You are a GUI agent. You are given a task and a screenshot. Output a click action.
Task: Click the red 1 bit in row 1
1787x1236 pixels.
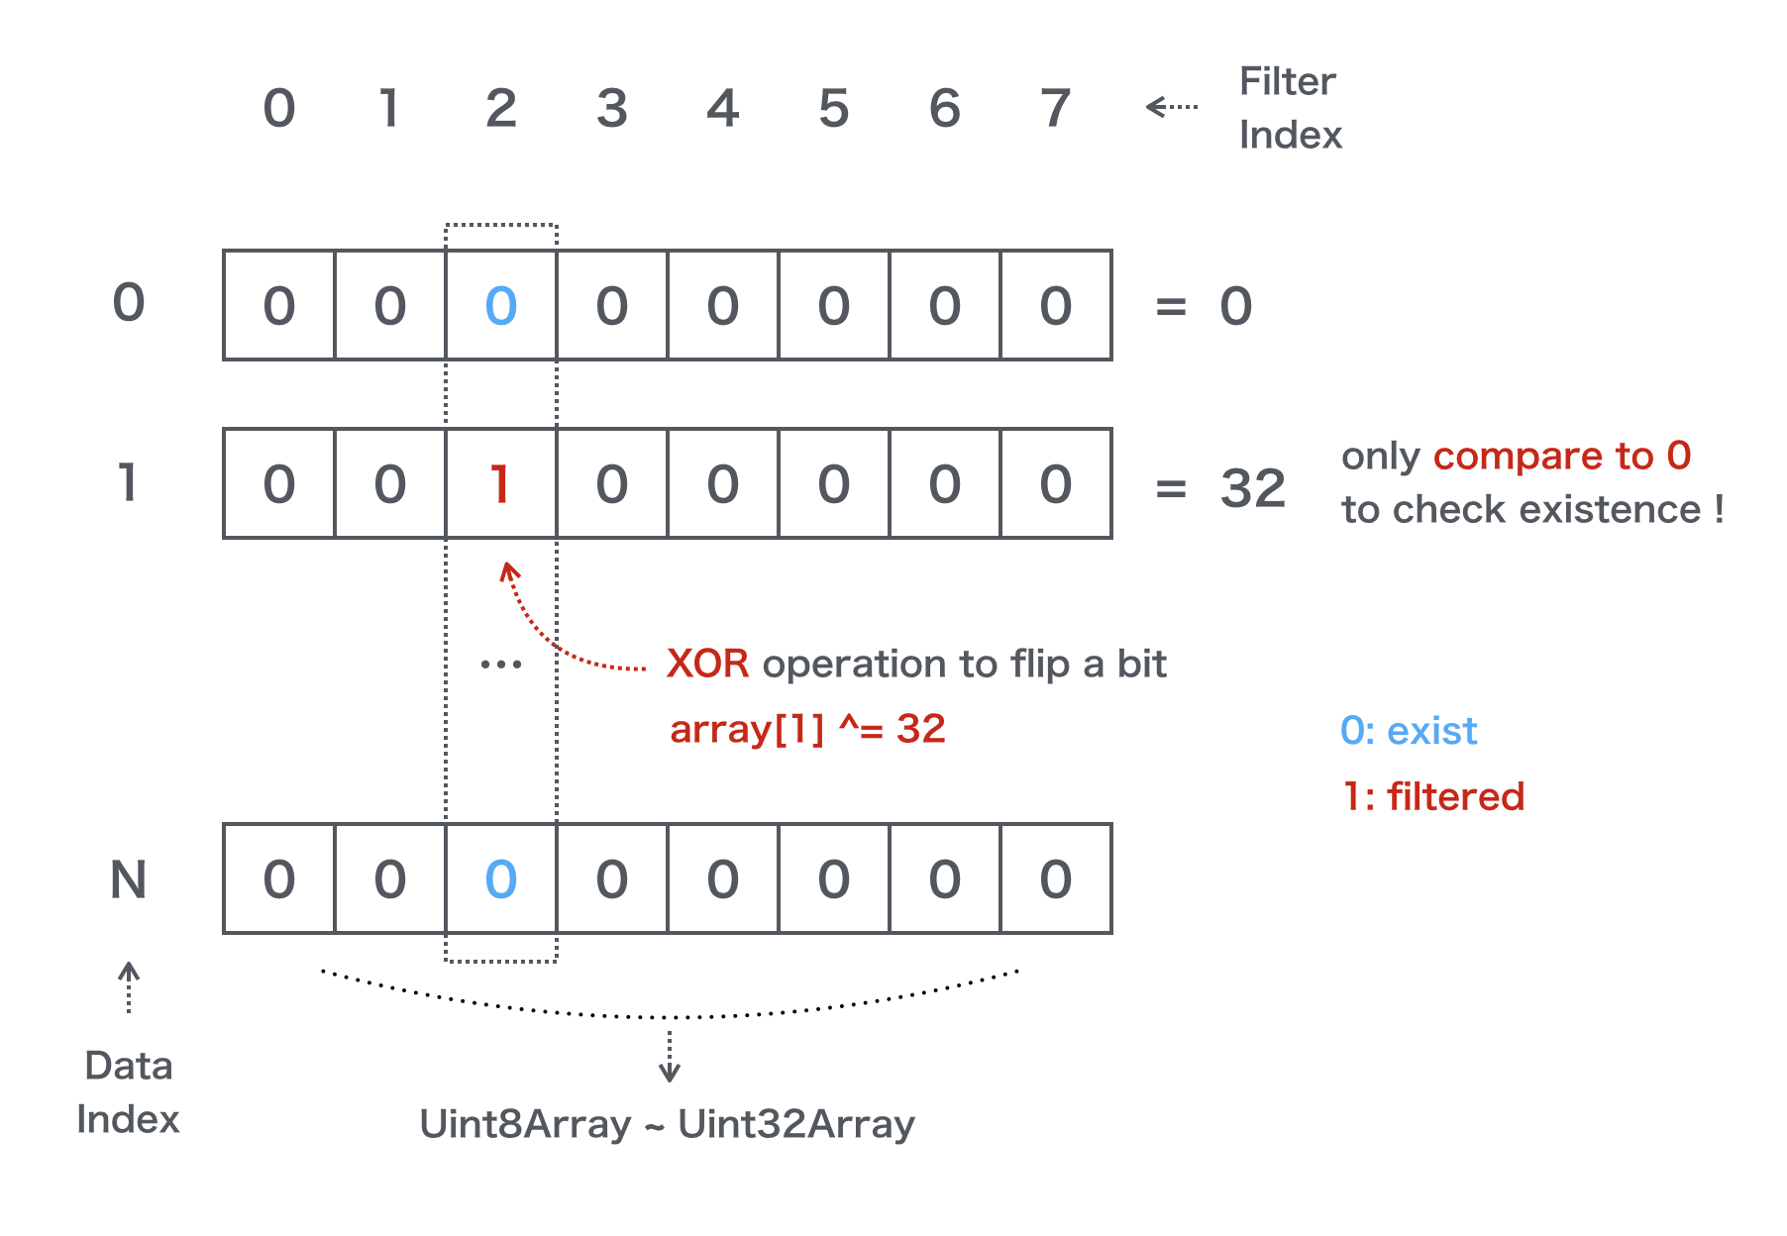[x=500, y=484]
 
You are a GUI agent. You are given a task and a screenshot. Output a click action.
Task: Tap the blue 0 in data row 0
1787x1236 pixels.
[x=500, y=306]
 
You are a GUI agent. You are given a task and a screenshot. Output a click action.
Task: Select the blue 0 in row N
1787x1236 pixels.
[x=500, y=879]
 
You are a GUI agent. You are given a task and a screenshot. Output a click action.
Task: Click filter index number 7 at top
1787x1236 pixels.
[x=1055, y=108]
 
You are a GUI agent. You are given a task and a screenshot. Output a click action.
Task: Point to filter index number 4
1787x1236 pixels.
[x=722, y=108]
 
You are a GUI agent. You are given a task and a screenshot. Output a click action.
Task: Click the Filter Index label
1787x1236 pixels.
[x=1289, y=108]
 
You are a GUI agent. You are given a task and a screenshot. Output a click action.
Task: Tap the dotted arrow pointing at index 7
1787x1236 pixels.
[x=1171, y=106]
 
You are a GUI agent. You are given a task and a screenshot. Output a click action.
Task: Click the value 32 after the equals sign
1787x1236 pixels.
[x=1252, y=488]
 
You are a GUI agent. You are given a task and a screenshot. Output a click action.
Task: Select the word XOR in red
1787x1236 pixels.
[x=707, y=664]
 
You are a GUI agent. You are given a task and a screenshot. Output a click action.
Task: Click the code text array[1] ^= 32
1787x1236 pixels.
[x=807, y=730]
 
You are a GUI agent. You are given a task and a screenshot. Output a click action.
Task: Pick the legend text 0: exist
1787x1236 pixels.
[x=1408, y=731]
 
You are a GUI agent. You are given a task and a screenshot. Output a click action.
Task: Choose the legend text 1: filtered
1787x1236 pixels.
[x=1432, y=796]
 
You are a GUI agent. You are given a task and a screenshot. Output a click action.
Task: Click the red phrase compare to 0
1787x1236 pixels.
[x=1561, y=456]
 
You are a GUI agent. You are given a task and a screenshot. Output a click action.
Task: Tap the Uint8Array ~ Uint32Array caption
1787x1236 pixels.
[x=667, y=1124]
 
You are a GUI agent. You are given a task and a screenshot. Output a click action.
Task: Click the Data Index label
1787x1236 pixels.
[x=128, y=1092]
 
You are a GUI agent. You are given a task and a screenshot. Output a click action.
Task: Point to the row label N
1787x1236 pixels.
[x=128, y=879]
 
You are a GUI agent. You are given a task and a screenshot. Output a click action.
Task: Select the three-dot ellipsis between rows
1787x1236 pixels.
[x=500, y=665]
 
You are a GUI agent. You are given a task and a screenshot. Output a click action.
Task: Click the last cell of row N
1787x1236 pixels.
[x=1055, y=879]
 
